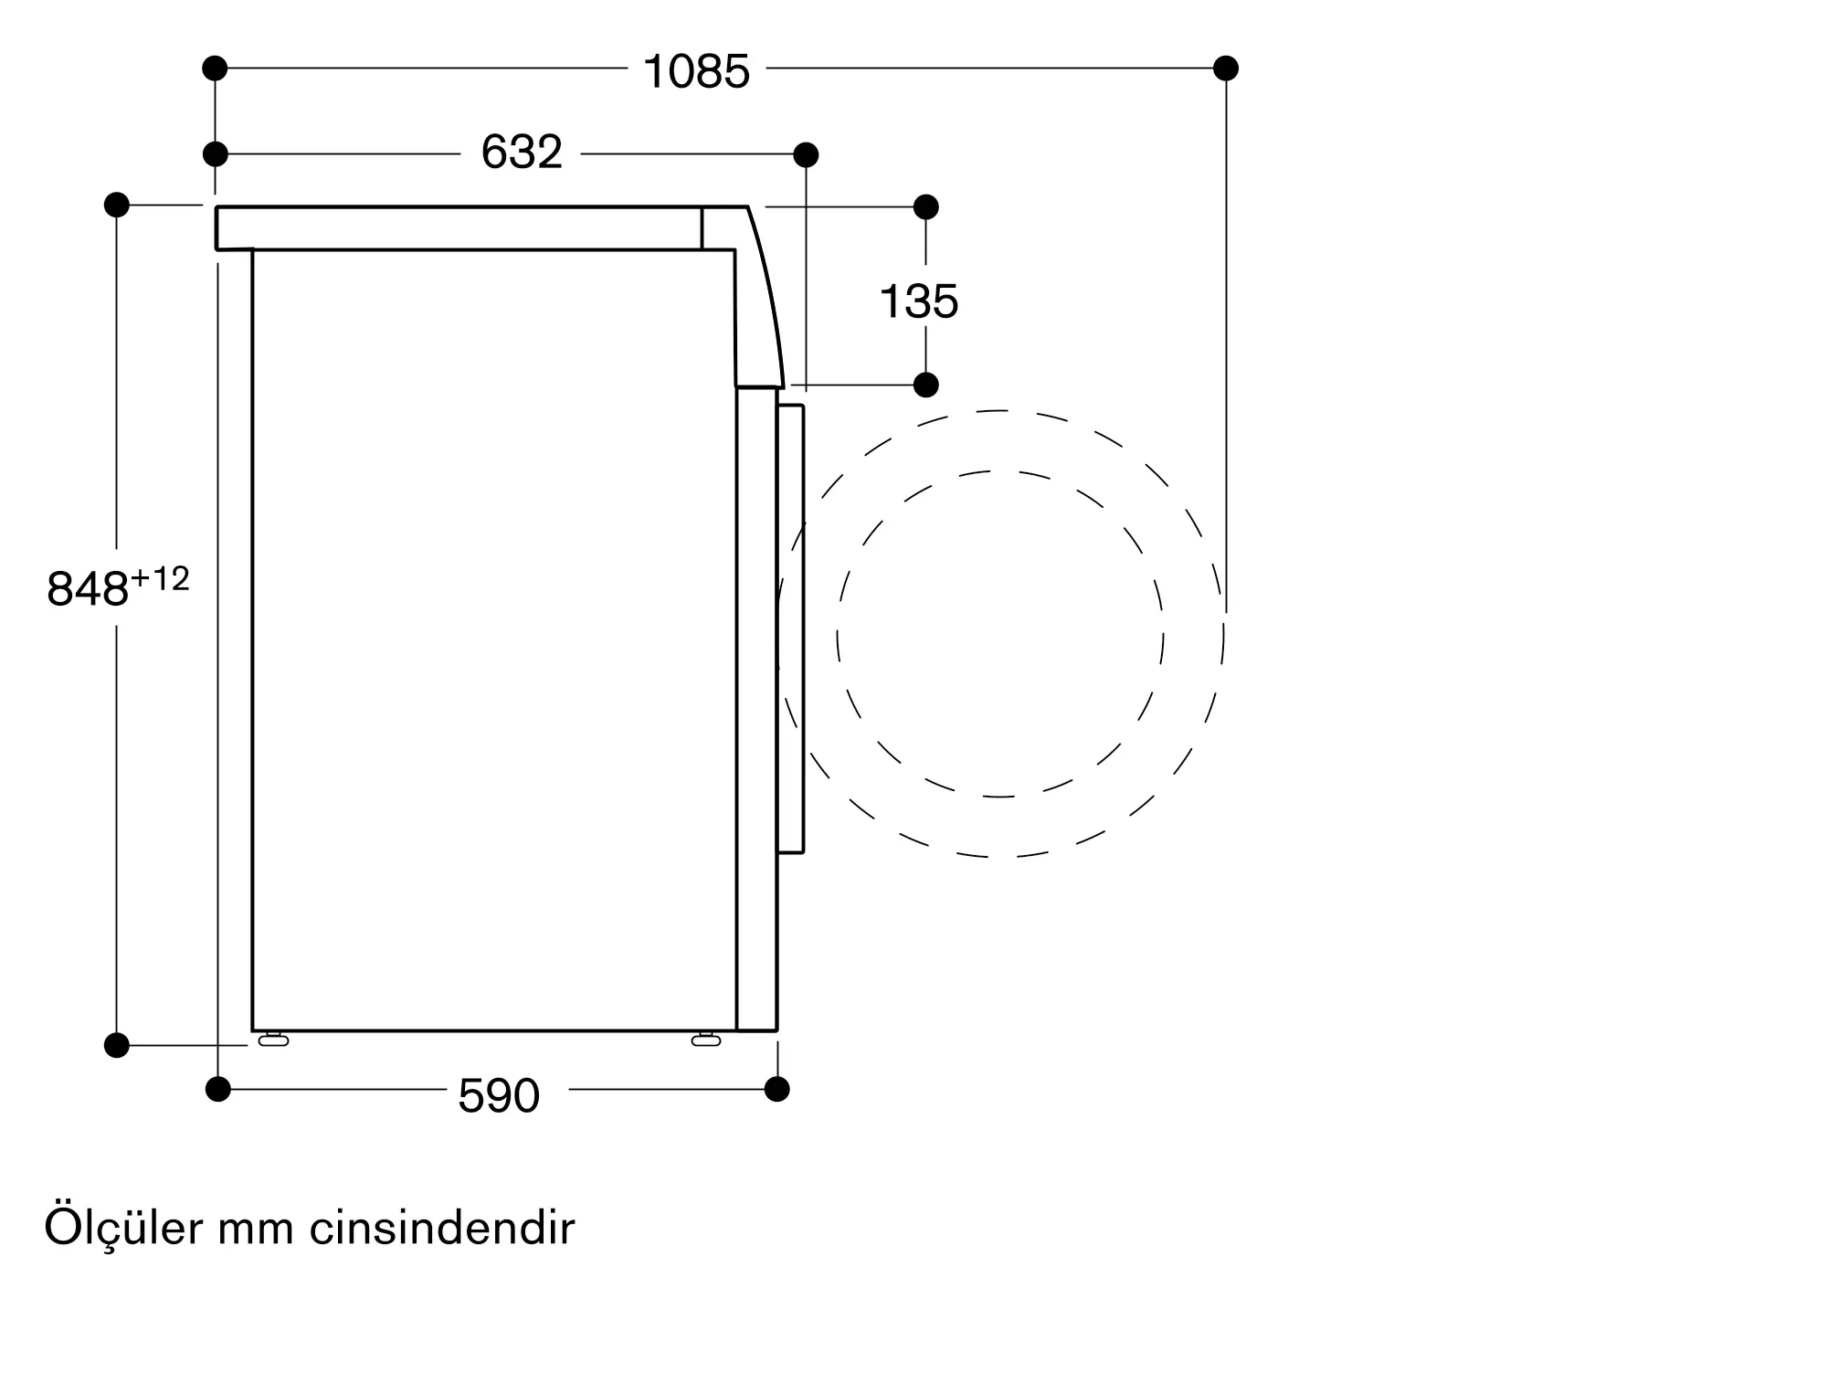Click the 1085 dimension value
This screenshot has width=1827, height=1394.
[696, 71]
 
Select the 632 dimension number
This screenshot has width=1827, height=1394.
[522, 153]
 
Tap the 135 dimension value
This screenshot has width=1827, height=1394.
[919, 301]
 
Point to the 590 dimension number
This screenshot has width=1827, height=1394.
[499, 1095]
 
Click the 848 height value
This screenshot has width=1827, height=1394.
[87, 589]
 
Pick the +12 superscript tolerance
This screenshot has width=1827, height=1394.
[160, 579]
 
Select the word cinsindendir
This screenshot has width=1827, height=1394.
[442, 1229]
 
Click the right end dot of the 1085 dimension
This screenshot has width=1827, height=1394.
[1226, 68]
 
